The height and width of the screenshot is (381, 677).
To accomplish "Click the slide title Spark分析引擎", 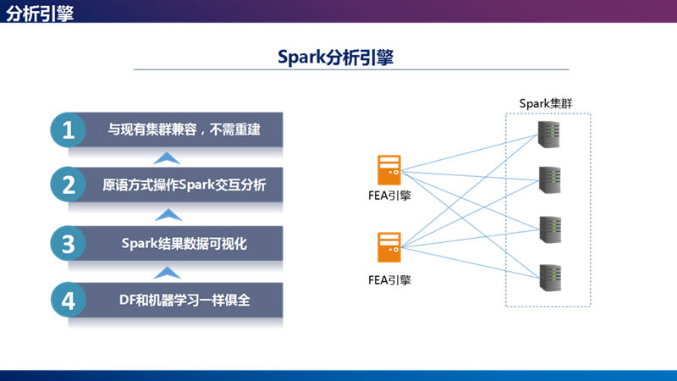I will point(336,57).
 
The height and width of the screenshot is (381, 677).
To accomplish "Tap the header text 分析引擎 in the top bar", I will point(40,13).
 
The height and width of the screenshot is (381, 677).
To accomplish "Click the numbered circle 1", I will point(69,130).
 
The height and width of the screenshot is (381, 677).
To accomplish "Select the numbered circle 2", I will point(69,185).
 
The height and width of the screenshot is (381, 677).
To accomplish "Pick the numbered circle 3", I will point(69,244).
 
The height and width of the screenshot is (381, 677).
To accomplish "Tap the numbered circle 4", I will point(69,300).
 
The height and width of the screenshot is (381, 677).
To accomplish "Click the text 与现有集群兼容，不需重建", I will point(183,130).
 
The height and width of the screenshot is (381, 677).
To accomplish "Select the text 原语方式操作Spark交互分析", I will point(184,185).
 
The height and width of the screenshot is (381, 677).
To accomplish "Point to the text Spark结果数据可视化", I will point(184,244).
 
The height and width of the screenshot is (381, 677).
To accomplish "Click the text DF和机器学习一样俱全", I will point(184,299).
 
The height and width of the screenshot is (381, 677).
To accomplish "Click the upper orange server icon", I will point(389,169).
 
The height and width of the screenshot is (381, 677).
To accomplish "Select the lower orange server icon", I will point(389,247).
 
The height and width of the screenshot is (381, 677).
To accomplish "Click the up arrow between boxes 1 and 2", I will point(168,157).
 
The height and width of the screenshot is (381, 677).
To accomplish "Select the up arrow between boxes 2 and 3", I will point(168,214).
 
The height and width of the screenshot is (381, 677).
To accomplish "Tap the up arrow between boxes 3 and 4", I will point(168,272).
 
